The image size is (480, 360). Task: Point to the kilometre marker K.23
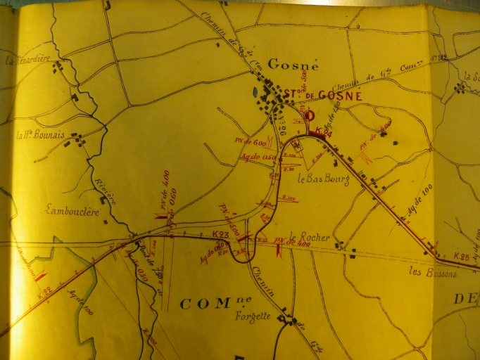pos(220,233)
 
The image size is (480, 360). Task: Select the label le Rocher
pos(309,238)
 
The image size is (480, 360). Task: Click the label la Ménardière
pos(28,60)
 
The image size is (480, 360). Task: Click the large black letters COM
pos(206,304)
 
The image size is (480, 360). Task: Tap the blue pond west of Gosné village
pos(255,92)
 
